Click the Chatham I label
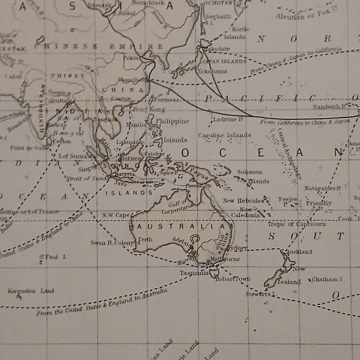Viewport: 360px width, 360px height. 326,280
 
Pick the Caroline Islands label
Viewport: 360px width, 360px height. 224,135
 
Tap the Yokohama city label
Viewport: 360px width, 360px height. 212,72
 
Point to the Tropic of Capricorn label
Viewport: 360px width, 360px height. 297,224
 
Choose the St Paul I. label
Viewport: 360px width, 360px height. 53,257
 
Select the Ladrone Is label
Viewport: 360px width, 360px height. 228,119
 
